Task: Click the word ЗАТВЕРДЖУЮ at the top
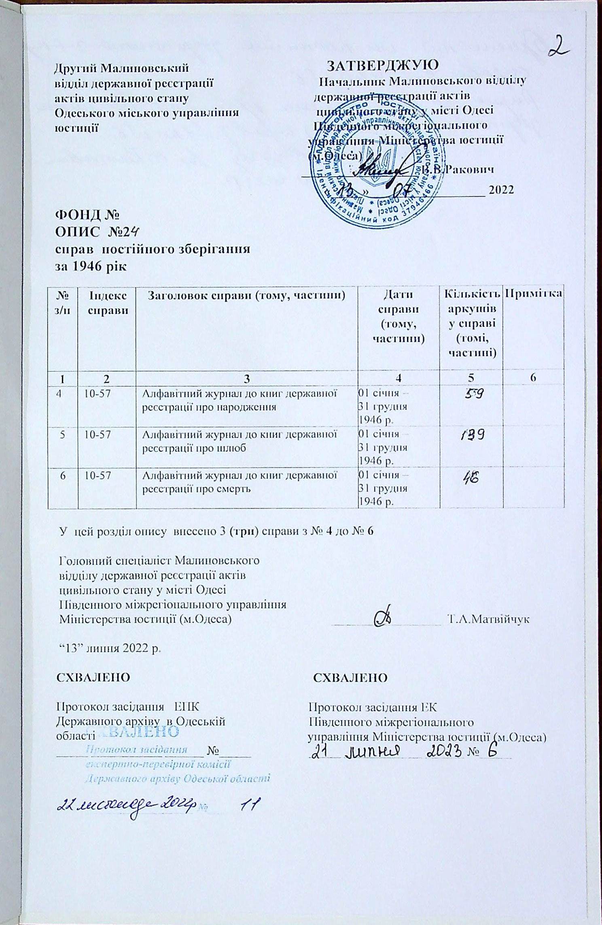[x=382, y=65]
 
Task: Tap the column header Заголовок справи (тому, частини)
[x=246, y=296]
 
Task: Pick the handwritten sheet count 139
[x=472, y=435]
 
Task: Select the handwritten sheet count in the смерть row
[x=471, y=478]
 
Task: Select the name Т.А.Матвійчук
[x=488, y=619]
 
